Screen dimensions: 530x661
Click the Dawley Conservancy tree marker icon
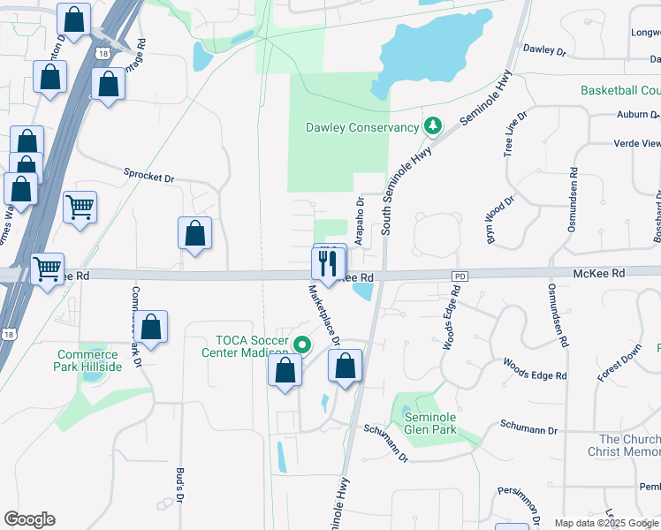pyautogui.click(x=433, y=127)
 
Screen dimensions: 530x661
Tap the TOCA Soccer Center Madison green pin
pyautogui.click(x=302, y=344)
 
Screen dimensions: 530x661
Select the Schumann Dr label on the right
pyautogui.click(x=529, y=430)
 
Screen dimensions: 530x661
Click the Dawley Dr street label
pyautogui.click(x=543, y=50)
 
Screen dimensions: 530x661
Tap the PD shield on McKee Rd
pyautogui.click(x=458, y=276)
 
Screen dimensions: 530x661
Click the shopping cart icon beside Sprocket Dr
pyautogui.click(x=80, y=207)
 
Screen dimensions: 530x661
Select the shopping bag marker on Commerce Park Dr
pyautogui.click(x=152, y=327)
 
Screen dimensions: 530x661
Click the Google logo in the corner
pyautogui.click(x=29, y=519)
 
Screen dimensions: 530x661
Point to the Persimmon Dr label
pyautogui.click(x=523, y=501)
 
